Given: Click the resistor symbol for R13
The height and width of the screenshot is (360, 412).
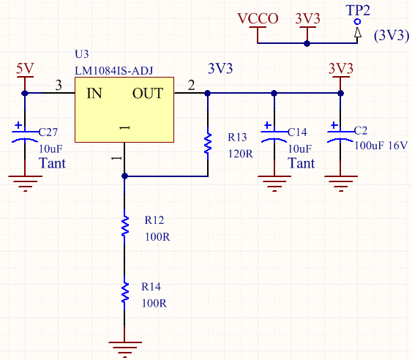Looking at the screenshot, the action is pos(208,143).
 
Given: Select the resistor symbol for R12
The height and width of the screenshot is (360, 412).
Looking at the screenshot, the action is pos(125,226).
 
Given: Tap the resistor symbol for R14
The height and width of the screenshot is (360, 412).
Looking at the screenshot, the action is pos(125,293).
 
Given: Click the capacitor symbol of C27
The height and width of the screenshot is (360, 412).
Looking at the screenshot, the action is pos(25,136).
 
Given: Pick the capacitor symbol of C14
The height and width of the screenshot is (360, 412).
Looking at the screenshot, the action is pos(274,136).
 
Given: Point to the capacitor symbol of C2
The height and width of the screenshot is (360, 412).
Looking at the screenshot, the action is pos(340,136).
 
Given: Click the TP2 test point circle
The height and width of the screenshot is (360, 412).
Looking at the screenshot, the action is pos(357,22).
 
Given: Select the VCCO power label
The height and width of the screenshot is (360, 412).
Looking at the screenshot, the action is pos(258,18).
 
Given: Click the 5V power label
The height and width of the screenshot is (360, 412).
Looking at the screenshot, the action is pos(25,69).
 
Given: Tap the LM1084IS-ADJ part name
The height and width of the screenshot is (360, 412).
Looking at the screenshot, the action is pos(113,71).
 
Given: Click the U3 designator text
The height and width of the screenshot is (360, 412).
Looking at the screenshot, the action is pos(82,54).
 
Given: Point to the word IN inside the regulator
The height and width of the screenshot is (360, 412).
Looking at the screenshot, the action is pos(94,93).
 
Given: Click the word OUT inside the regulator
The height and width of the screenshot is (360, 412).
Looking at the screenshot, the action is pos(148,93).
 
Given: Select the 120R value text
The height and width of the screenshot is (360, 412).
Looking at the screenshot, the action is pos(241,154).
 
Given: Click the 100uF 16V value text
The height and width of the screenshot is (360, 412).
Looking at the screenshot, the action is pos(381,146).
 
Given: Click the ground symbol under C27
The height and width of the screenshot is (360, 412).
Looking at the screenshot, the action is pos(25,184).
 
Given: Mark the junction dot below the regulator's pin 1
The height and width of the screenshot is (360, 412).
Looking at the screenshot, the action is pos(125,176).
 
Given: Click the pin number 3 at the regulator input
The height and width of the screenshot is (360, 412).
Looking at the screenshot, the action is pos(59,85).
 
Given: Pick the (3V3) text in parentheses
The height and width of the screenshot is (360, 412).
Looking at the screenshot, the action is pos(392,35).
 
